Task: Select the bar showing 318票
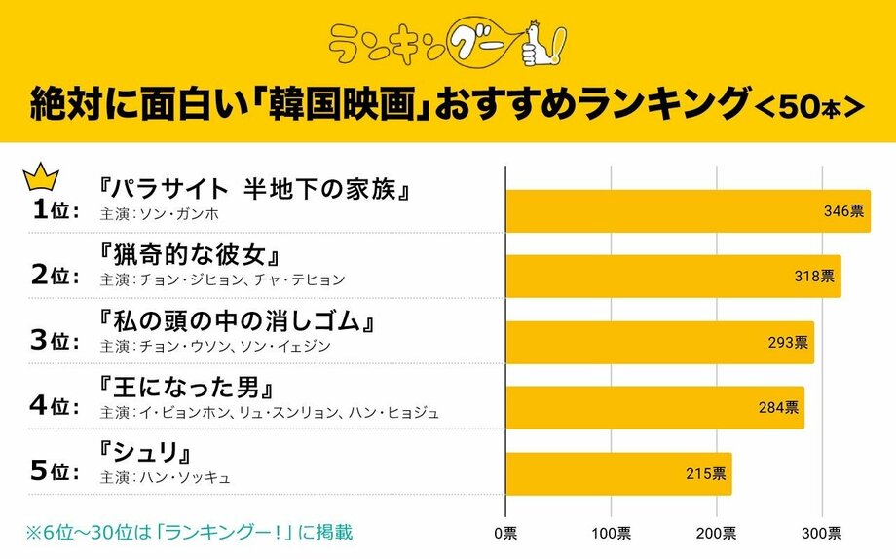[673, 277]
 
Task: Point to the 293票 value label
[787, 343]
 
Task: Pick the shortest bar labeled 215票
[618, 473]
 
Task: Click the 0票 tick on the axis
[506, 533]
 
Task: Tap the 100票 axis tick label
[612, 533]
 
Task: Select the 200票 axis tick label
[718, 533]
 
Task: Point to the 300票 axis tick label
[823, 533]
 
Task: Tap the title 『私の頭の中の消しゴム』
[238, 321]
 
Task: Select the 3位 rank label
[55, 340]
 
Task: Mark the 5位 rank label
[55, 470]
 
